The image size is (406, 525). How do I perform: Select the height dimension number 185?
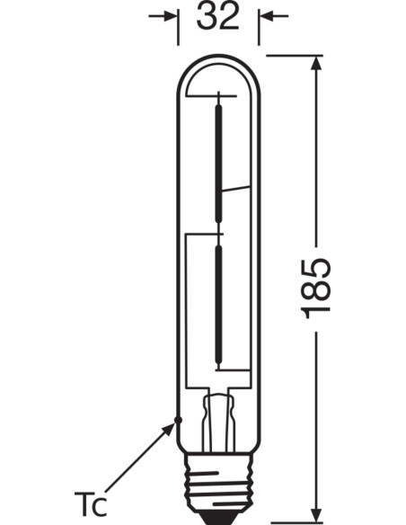(x=316, y=287)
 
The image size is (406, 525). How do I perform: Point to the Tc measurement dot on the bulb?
(x=179, y=419)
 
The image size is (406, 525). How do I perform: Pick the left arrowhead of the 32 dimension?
(x=170, y=16)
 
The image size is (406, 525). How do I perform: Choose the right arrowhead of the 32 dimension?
(x=267, y=16)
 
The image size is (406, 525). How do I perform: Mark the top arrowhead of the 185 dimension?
(x=317, y=63)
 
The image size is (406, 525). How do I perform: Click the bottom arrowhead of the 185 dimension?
(x=317, y=514)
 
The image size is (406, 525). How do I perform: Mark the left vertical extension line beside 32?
(x=179, y=27)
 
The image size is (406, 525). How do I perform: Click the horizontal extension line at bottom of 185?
(x=287, y=522)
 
